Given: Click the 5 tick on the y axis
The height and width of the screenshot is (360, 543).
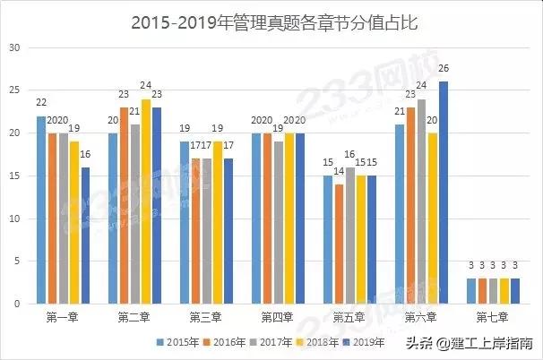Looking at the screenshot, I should (15, 261).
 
